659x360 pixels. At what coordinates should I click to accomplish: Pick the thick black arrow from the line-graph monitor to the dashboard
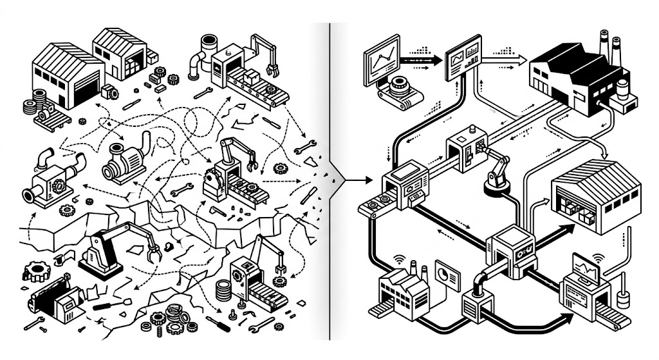pos(422,59)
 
